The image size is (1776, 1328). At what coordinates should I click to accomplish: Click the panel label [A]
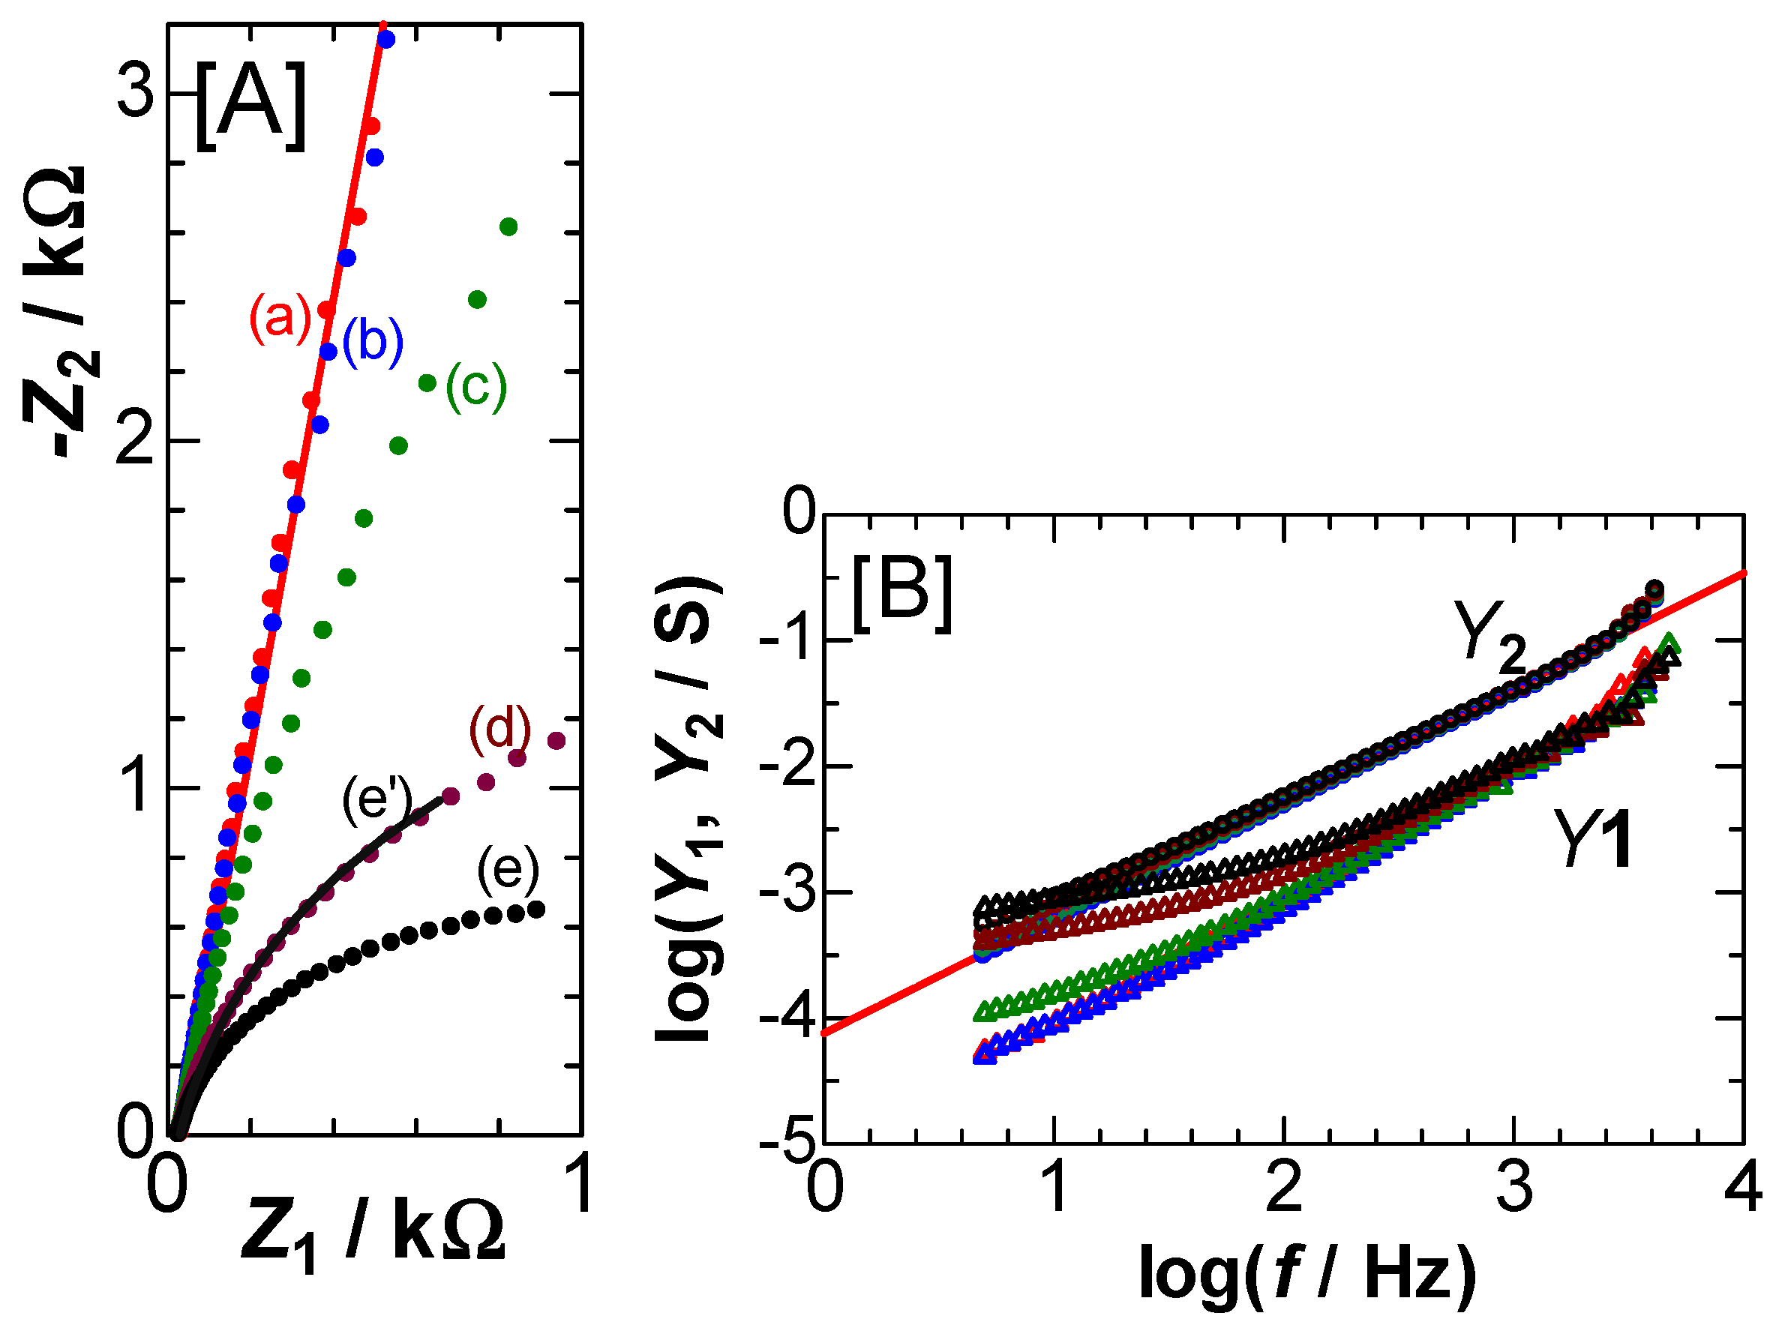pos(250,106)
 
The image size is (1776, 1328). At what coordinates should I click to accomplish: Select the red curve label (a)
pos(280,319)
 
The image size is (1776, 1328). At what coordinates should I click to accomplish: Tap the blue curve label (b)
pos(373,342)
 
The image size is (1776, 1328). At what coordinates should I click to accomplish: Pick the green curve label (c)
pos(476,386)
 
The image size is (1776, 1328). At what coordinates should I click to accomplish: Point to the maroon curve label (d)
pos(500,729)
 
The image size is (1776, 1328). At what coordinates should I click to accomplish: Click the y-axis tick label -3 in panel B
pos(787,892)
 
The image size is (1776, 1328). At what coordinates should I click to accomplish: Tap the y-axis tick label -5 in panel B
pos(787,1144)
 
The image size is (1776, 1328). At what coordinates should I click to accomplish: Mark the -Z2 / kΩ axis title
pos(60,313)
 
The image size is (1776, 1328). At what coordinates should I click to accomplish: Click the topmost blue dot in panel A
pos(386,39)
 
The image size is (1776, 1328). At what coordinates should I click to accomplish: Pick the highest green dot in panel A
pos(508,227)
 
